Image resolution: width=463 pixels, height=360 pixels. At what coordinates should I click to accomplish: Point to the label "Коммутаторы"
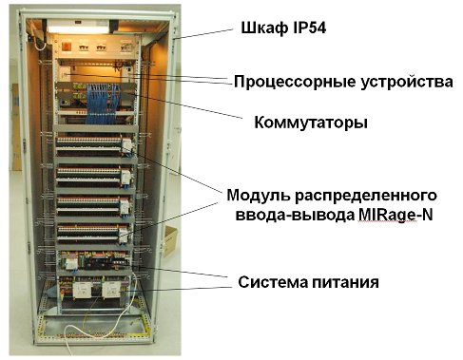point(310,123)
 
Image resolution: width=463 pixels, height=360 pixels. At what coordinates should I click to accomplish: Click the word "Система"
point(277,282)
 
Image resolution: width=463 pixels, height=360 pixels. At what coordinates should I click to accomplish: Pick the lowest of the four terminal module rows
point(92,230)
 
